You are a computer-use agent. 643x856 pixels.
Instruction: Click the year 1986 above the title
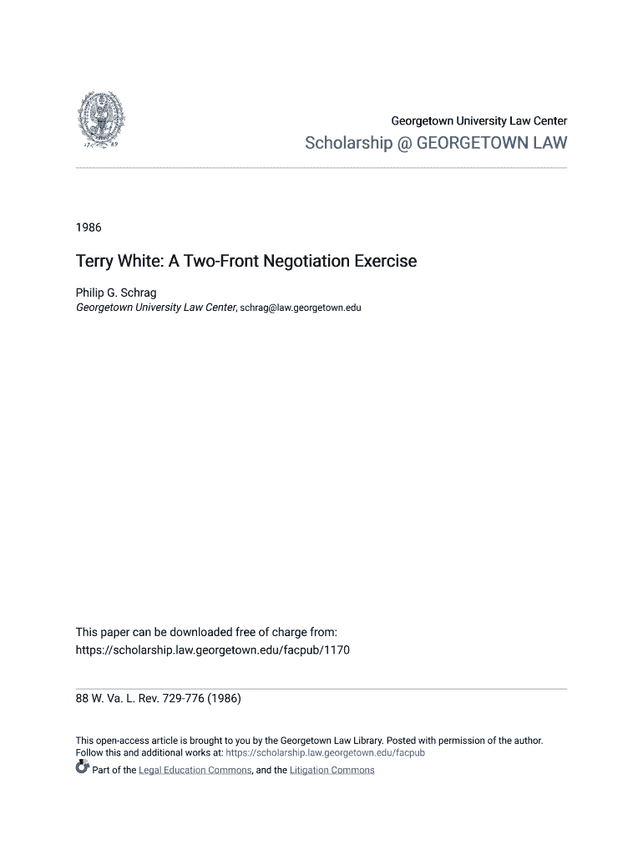(88, 227)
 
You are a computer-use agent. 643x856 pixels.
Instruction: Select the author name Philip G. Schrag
(116, 293)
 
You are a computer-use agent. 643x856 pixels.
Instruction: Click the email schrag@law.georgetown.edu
(301, 308)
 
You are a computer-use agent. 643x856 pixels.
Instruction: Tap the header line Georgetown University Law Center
(478, 121)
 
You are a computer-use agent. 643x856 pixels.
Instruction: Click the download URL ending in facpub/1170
(213, 650)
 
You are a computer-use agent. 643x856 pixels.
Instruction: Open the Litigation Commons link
(332, 770)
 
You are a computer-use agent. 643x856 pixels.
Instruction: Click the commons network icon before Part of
(82, 769)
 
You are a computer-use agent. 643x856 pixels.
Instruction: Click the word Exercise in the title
(385, 262)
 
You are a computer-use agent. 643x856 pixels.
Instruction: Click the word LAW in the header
(549, 144)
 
